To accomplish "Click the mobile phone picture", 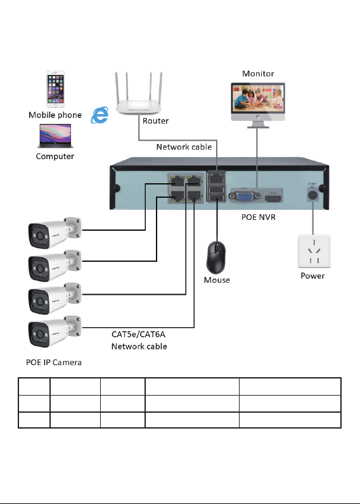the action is (x=55, y=89).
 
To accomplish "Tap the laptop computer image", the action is (x=55, y=136).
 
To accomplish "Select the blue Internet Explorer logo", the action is (x=100, y=115).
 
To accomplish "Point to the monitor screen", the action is (x=258, y=99).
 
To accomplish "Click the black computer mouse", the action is (x=215, y=257).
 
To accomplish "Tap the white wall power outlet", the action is (x=314, y=251).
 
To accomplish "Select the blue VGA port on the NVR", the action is (x=244, y=195).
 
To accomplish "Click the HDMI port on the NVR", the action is (x=273, y=198).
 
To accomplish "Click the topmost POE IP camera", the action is (x=55, y=233).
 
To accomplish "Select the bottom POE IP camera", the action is (x=55, y=332).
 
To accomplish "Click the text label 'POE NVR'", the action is (x=259, y=217).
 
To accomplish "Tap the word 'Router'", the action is (x=155, y=121).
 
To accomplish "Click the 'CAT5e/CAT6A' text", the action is (x=139, y=334).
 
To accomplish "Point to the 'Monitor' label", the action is (x=258, y=74).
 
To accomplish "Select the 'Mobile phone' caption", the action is (x=55, y=115).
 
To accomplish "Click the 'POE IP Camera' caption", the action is (x=54, y=362).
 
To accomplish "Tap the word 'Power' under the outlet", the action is (x=312, y=276).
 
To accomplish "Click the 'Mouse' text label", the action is (x=217, y=280).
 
